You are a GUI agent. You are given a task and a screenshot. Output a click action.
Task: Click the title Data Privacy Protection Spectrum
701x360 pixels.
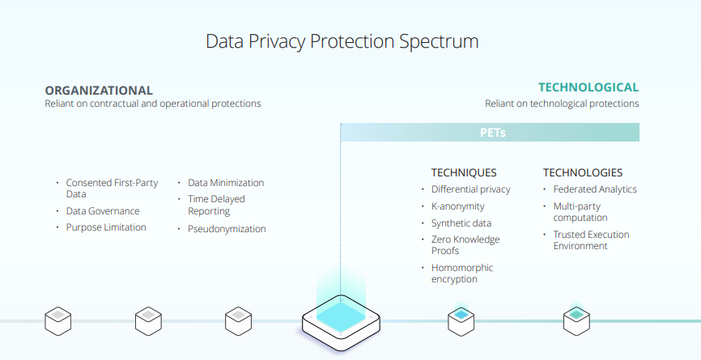342,40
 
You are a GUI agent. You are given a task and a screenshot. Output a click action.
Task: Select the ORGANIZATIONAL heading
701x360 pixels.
99,91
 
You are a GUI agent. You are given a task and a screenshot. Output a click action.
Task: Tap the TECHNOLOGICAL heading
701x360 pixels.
588,87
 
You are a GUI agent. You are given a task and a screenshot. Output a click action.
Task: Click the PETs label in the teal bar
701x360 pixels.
492,133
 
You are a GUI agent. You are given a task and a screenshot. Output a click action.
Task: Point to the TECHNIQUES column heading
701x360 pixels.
463,172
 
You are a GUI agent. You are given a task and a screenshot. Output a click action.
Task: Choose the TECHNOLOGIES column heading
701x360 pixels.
583,172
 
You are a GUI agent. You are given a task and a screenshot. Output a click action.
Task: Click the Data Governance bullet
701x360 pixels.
103,211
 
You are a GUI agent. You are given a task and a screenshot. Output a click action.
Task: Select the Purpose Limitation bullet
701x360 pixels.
106,227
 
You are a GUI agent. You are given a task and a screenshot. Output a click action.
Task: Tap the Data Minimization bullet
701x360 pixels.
226,183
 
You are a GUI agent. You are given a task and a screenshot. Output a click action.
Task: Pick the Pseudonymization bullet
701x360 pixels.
227,229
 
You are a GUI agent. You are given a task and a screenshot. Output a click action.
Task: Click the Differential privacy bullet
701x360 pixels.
470,189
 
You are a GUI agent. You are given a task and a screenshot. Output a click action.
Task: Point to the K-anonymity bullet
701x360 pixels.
457,206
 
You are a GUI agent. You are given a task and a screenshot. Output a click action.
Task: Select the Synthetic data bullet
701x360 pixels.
461,223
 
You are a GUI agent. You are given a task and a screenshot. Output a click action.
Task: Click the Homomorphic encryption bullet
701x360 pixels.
462,273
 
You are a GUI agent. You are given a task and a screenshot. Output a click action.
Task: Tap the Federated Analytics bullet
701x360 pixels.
595,189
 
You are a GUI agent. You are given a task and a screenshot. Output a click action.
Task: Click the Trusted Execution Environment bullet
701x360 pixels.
591,240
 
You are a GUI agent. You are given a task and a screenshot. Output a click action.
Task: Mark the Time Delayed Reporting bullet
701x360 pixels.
216,205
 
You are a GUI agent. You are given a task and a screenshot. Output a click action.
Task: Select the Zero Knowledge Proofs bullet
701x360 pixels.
465,245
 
